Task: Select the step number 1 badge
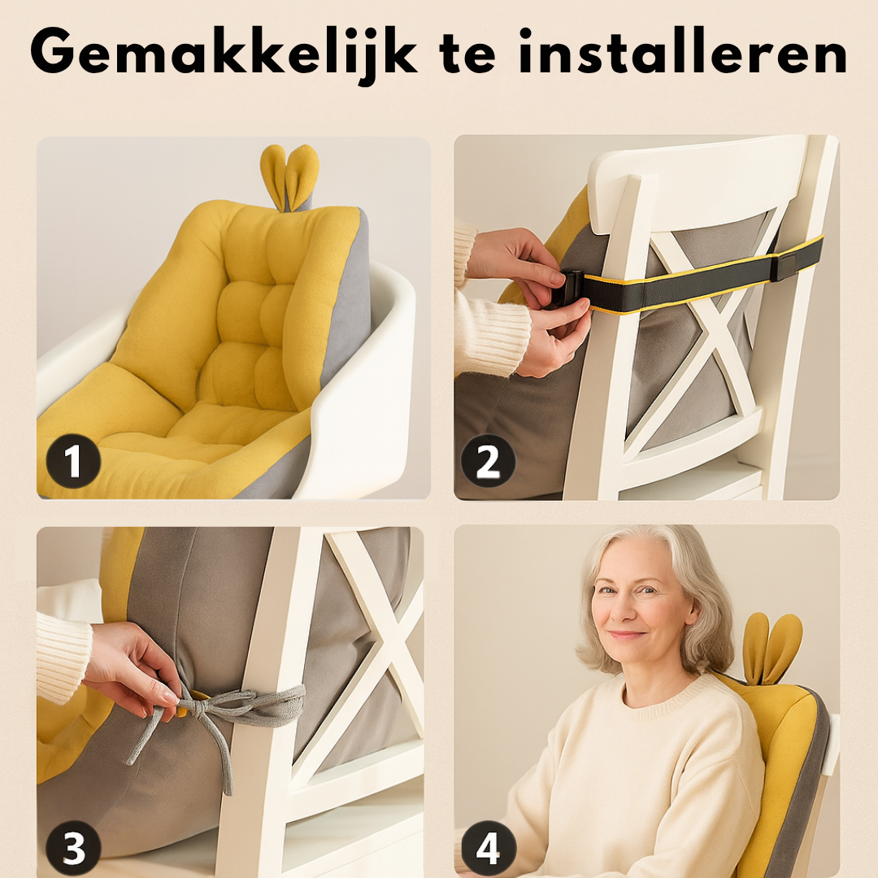coord(73,462)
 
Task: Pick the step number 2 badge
coord(489,462)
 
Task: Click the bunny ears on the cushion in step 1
coord(289,175)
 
